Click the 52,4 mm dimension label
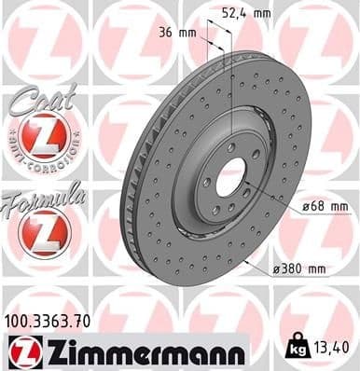click(x=245, y=13)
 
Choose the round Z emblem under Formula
click(x=44, y=232)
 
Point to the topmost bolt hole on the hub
click(x=230, y=147)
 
